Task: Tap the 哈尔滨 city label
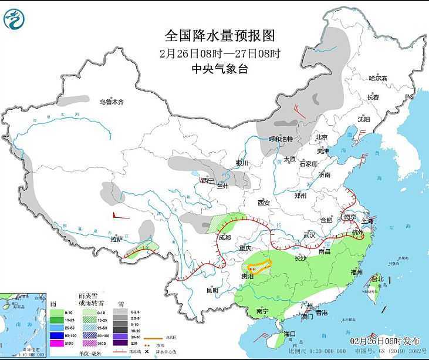[x=378, y=78]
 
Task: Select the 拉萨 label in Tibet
[x=117, y=239]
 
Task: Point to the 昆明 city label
[x=212, y=290]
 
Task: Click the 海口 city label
[x=289, y=334]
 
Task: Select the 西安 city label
[x=262, y=203]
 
